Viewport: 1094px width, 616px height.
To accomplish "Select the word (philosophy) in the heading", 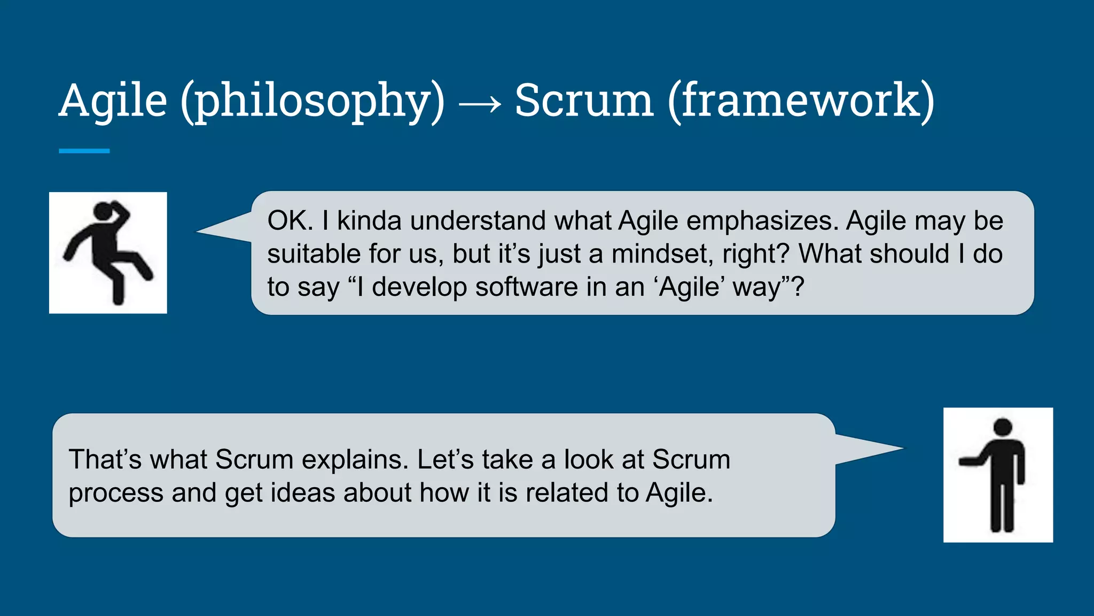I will point(312,102).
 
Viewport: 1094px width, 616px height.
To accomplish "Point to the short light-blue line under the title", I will point(84,151).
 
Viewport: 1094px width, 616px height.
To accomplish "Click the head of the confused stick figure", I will point(103,212).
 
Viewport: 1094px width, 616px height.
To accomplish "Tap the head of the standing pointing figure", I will point(1003,427).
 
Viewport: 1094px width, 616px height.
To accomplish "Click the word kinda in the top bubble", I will point(369,221).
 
